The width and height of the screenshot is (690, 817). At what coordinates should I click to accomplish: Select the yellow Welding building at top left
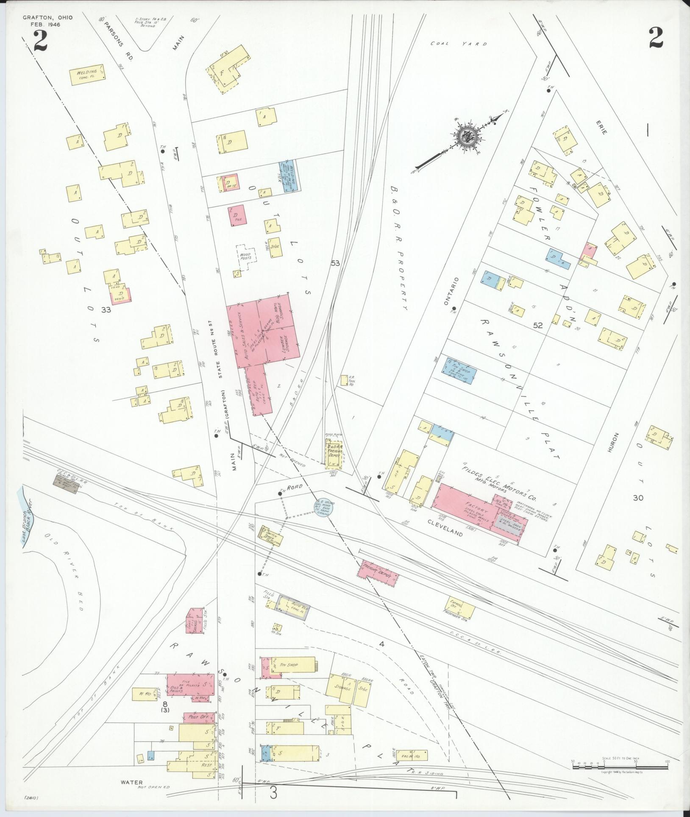[x=87, y=75]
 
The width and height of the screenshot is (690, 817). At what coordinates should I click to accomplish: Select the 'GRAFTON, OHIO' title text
[x=47, y=17]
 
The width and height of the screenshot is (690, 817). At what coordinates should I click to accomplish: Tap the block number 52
[x=538, y=326]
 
